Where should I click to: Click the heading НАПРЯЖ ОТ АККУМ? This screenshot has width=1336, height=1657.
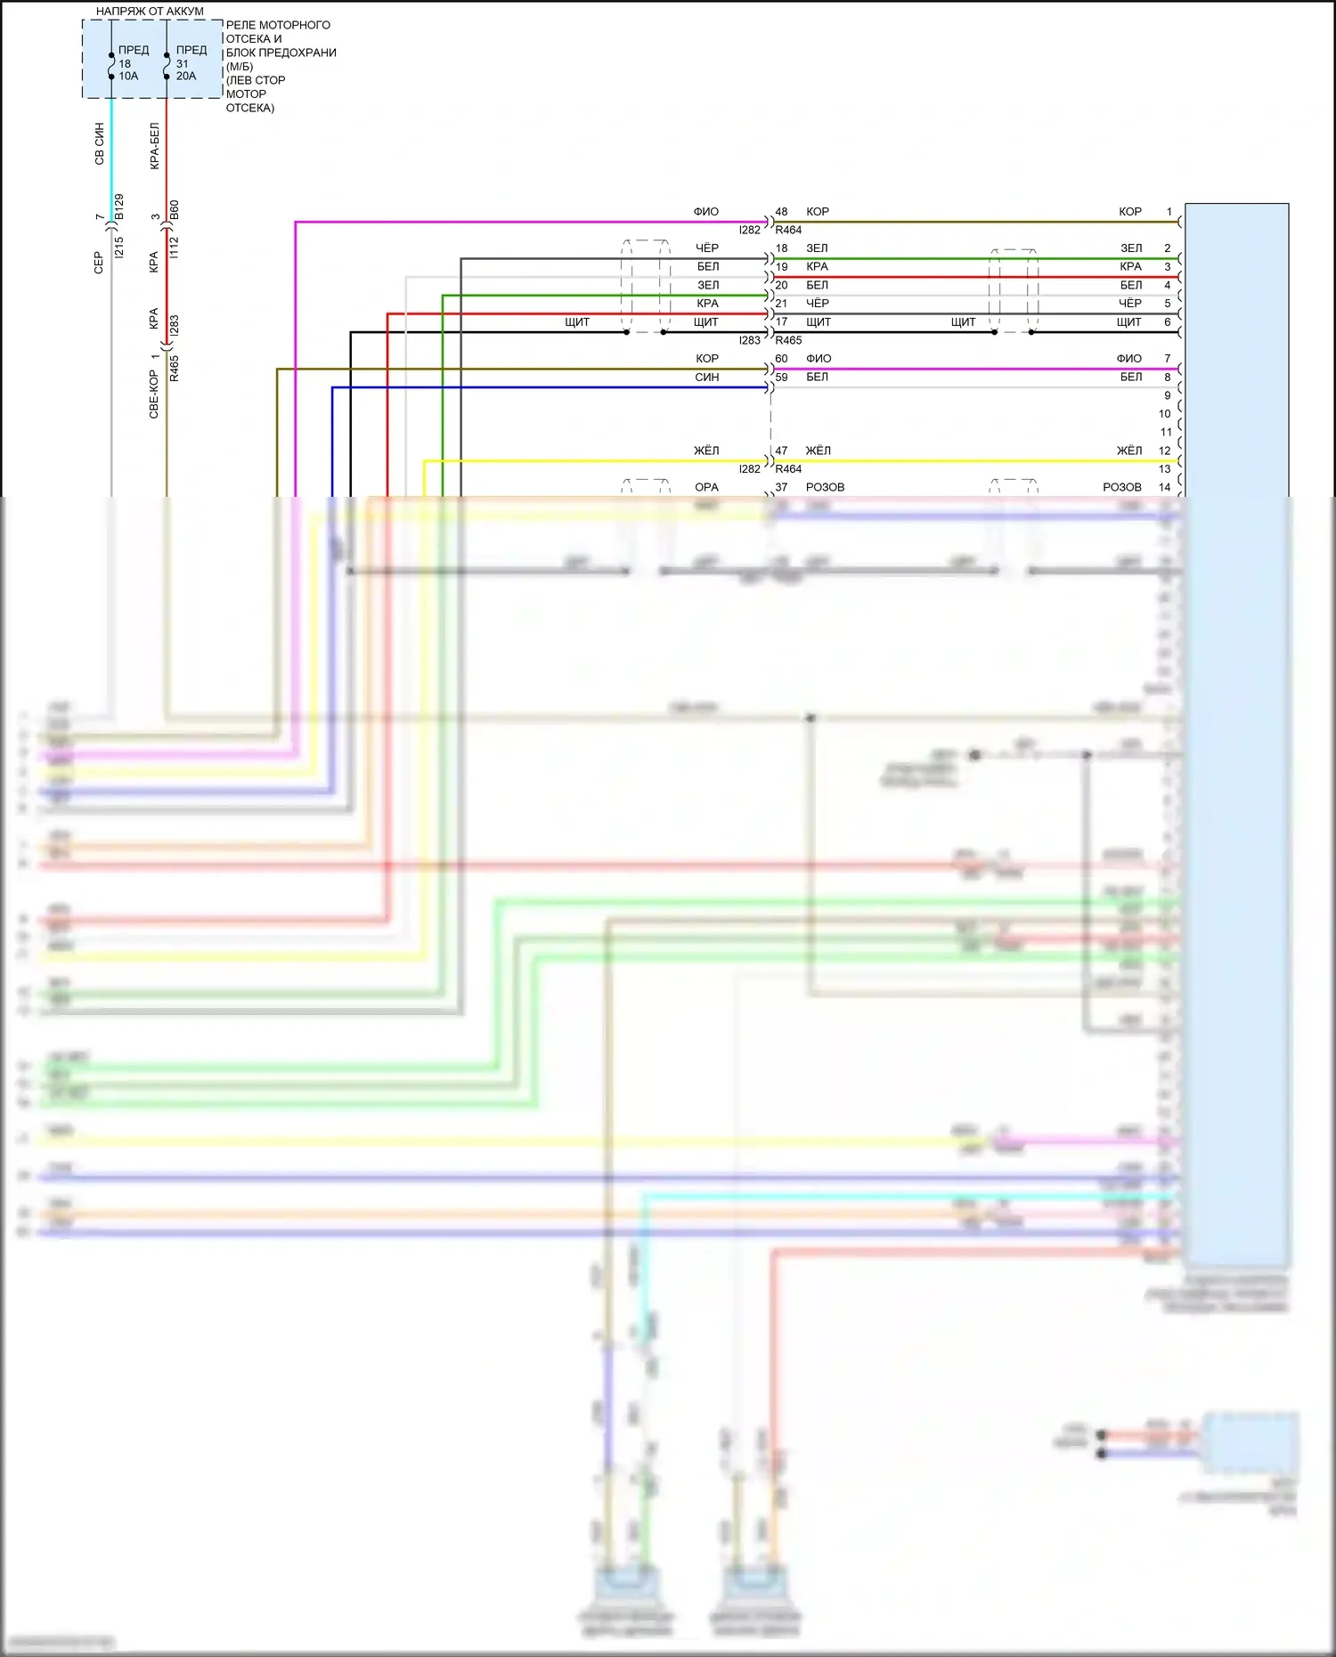click(x=150, y=12)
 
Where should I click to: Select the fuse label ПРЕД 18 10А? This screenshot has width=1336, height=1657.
click(x=130, y=63)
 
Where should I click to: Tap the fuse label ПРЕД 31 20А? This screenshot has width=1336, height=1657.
click(x=188, y=63)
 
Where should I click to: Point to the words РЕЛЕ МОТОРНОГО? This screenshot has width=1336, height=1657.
click(x=278, y=25)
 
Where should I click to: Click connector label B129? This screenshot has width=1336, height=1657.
click(x=119, y=207)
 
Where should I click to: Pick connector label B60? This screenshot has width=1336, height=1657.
click(x=175, y=210)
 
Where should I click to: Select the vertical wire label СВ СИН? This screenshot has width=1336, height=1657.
click(x=99, y=143)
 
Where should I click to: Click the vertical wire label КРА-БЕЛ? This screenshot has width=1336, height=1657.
click(x=154, y=146)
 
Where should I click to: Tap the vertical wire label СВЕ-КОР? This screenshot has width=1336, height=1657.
click(x=154, y=394)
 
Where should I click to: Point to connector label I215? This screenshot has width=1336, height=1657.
click(x=119, y=248)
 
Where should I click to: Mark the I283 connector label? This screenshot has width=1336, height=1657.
click(x=175, y=326)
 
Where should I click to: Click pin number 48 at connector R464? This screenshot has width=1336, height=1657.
click(x=781, y=212)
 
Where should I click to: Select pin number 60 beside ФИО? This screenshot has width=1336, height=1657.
click(x=781, y=359)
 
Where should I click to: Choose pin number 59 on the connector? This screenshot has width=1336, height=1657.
click(x=781, y=378)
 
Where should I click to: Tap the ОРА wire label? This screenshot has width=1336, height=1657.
click(x=706, y=487)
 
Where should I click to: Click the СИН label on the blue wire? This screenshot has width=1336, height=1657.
click(x=706, y=378)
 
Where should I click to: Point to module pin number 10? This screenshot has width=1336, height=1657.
click(x=1164, y=414)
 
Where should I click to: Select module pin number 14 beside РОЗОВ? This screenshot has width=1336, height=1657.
click(x=1164, y=487)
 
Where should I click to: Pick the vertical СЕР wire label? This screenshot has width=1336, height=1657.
click(x=99, y=262)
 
